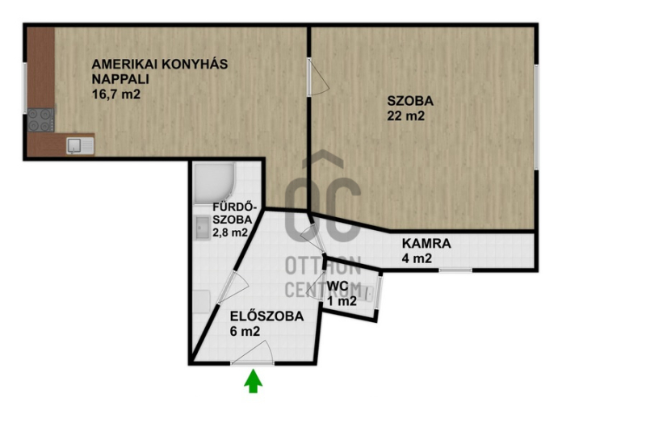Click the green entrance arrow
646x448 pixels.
(x=253, y=381)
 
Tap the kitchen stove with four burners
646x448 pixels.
(x=41, y=119)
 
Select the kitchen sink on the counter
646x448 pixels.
(x=80, y=146)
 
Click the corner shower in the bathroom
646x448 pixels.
(x=215, y=183)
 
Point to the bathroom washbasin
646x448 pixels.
(x=203, y=228)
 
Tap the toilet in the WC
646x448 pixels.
(x=369, y=293)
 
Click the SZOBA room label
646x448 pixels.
(x=410, y=101)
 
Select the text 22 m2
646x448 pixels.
(x=405, y=116)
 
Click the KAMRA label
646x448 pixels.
(x=426, y=243)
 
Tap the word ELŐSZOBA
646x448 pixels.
(x=266, y=316)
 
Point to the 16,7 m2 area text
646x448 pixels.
(x=116, y=94)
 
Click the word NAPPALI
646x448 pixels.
(x=120, y=79)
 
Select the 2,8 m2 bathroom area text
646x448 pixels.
(x=230, y=232)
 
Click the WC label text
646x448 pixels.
(x=338, y=286)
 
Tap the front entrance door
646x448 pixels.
(x=252, y=354)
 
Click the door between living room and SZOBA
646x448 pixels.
(x=318, y=77)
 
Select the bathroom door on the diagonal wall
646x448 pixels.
(x=233, y=287)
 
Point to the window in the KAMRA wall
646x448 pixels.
(x=455, y=270)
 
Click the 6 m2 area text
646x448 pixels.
(x=245, y=332)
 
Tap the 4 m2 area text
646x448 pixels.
(x=417, y=258)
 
